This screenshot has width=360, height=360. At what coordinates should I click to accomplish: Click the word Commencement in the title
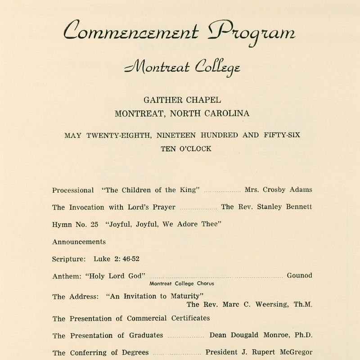click(x=131, y=31)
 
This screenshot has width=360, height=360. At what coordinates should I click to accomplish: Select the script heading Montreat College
click(x=182, y=68)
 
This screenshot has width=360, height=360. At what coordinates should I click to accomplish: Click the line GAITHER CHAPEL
click(x=182, y=100)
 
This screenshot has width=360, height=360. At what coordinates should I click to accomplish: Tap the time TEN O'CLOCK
click(x=186, y=148)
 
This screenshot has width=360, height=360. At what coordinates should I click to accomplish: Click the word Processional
click(x=73, y=190)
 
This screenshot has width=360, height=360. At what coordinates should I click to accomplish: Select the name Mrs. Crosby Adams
click(x=278, y=190)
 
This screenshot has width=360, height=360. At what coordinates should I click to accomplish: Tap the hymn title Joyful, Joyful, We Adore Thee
click(x=163, y=225)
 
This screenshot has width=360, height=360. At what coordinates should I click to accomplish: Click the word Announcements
click(x=79, y=242)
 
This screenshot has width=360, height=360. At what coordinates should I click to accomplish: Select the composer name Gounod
click(x=299, y=276)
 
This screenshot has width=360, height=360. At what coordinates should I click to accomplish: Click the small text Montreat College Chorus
click(x=182, y=284)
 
